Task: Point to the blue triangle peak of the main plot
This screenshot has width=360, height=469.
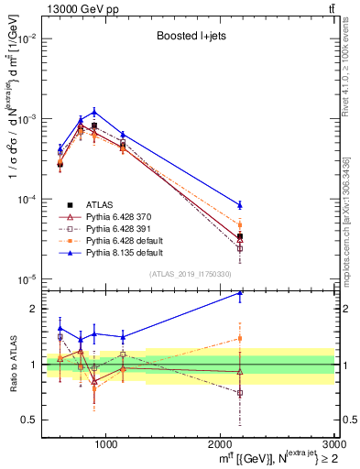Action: [94, 112]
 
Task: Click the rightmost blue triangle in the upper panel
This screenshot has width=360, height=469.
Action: [240, 204]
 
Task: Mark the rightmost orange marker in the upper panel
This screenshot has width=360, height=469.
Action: [240, 224]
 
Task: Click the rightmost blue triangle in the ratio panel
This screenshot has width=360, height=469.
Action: [240, 293]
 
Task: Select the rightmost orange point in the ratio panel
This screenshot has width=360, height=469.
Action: [240, 338]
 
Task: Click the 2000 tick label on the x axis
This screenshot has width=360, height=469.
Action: [219, 443]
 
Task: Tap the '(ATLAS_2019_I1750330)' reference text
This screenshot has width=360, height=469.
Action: [190, 274]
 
